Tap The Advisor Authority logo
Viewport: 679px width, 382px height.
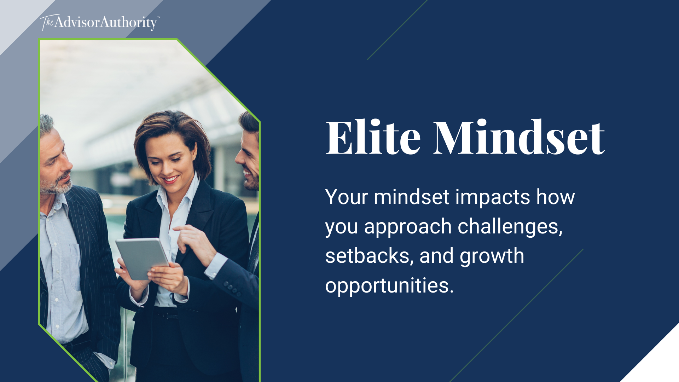pos(99,22)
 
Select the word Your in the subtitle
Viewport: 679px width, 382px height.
pos(347,197)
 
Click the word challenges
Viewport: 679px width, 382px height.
pos(510,227)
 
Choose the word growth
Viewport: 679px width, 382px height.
pos(492,256)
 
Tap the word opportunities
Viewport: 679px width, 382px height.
pos(389,286)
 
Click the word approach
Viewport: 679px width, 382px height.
pos(408,227)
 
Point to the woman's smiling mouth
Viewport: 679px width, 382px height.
pos(170,179)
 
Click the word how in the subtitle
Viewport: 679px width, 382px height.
pos(555,197)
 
